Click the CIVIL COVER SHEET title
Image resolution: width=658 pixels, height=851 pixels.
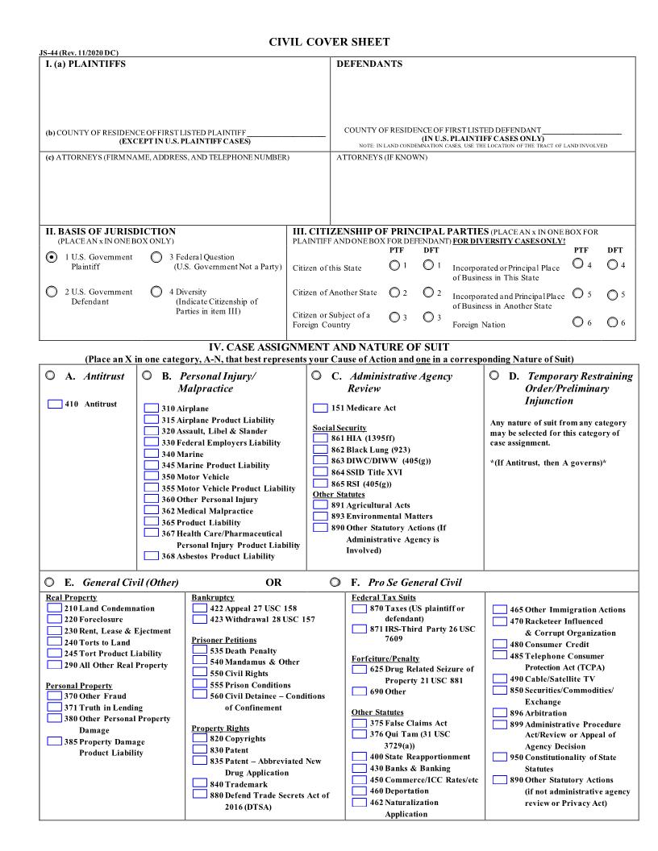[328, 42]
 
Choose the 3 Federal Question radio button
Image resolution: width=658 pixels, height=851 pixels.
[156, 258]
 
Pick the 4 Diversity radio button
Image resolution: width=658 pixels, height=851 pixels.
[156, 292]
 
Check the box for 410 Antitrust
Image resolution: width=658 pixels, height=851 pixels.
[55, 404]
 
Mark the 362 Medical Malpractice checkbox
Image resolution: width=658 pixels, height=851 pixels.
[152, 511]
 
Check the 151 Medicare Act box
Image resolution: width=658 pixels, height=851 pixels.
[320, 408]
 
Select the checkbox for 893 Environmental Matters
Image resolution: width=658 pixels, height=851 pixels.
[320, 517]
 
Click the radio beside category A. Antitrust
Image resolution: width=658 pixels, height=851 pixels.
[50, 376]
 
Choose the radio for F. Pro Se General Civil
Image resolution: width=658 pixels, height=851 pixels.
[335, 582]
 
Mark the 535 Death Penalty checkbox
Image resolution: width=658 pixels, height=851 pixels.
[199, 650]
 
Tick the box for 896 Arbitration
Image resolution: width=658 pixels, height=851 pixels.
[500, 713]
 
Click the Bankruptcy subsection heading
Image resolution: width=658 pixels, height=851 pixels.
[213, 598]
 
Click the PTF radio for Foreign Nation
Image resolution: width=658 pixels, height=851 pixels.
[577, 323]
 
